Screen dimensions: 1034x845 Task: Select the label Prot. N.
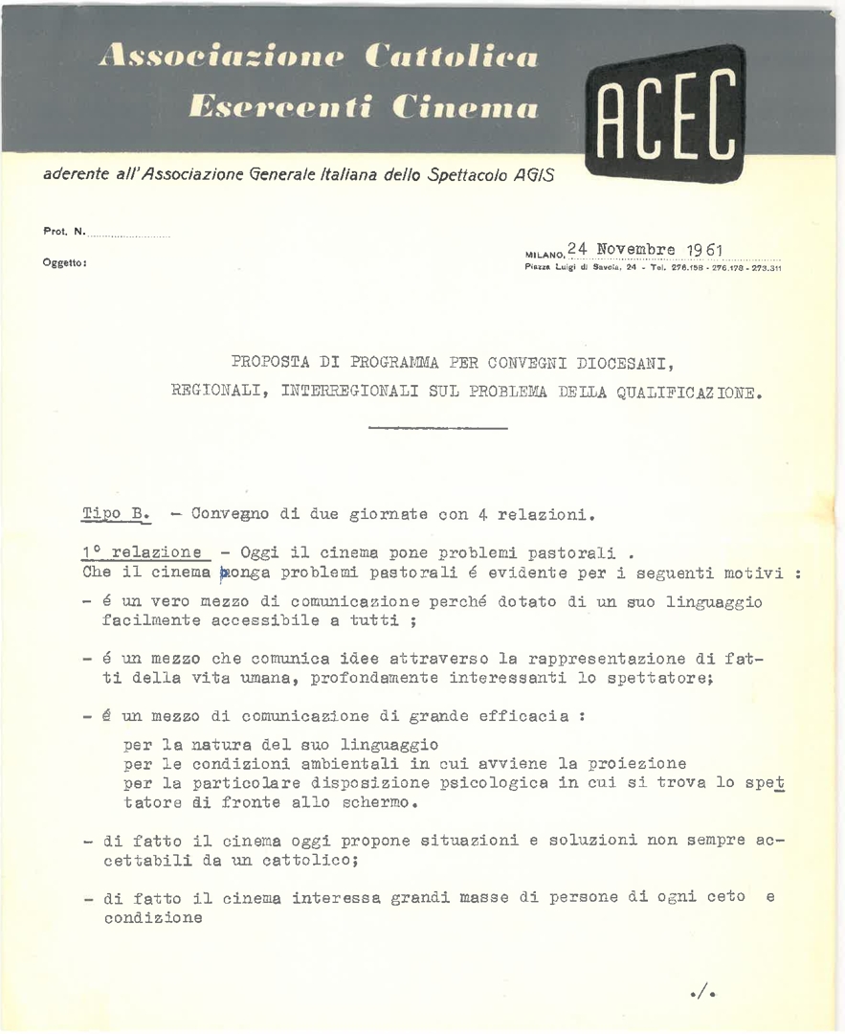(x=64, y=231)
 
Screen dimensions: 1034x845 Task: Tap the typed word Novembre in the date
(x=636, y=250)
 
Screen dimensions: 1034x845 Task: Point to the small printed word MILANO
(x=545, y=255)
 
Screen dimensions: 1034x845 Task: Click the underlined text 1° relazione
(x=144, y=551)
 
